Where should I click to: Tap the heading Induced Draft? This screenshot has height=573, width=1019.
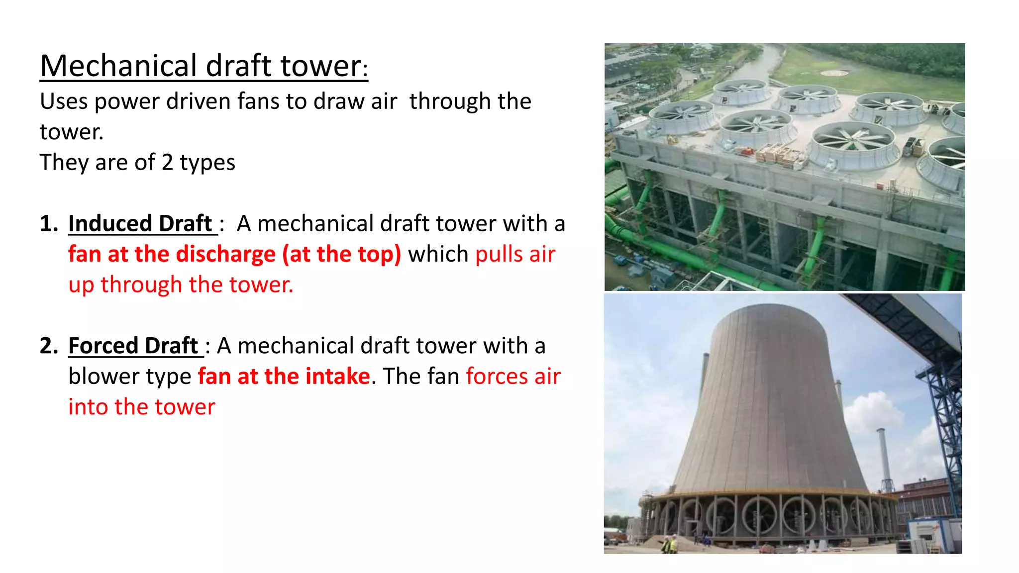coord(140,223)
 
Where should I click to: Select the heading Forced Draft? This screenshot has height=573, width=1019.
coord(133,346)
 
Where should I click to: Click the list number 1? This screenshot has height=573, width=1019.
coord(48,224)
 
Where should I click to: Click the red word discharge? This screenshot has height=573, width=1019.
coord(225,254)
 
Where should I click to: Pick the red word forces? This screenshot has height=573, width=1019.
coord(496,377)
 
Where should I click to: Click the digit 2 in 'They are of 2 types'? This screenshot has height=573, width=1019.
coord(167,163)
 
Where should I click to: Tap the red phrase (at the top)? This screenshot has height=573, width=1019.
coord(341,254)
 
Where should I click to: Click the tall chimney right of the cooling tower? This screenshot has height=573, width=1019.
coord(884,458)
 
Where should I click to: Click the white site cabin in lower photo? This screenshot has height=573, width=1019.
coord(928,535)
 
